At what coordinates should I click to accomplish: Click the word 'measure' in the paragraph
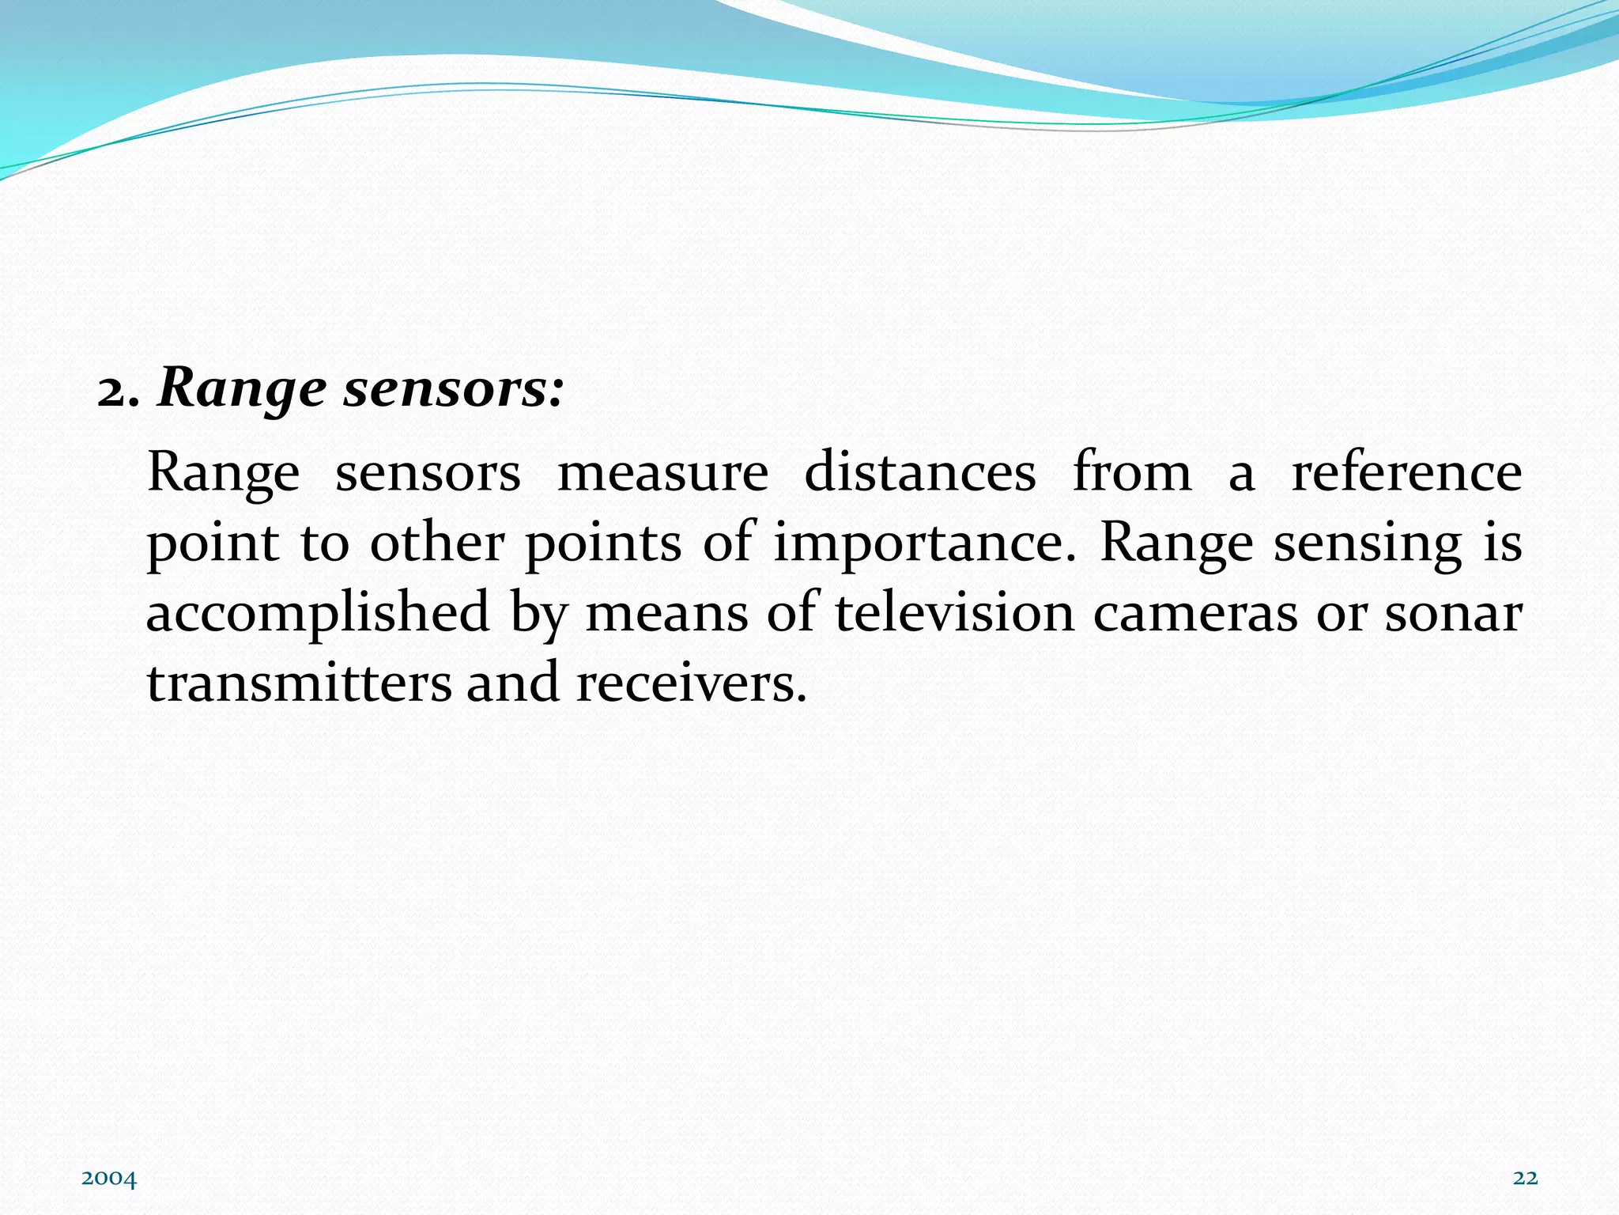[x=662, y=474]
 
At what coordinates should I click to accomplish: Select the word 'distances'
[x=919, y=472]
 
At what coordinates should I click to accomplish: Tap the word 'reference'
[x=1406, y=472]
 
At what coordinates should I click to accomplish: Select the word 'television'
[x=954, y=613]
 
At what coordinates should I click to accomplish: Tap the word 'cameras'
[x=1194, y=615]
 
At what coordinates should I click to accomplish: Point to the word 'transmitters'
[x=299, y=683]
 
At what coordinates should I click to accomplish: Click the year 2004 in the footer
[x=109, y=1179]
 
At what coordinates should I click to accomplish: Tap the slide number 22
[x=1525, y=1179]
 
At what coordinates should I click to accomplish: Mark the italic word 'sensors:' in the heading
[x=454, y=390]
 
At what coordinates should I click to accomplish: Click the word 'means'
[x=666, y=615]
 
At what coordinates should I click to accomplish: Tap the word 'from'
[x=1132, y=472]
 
